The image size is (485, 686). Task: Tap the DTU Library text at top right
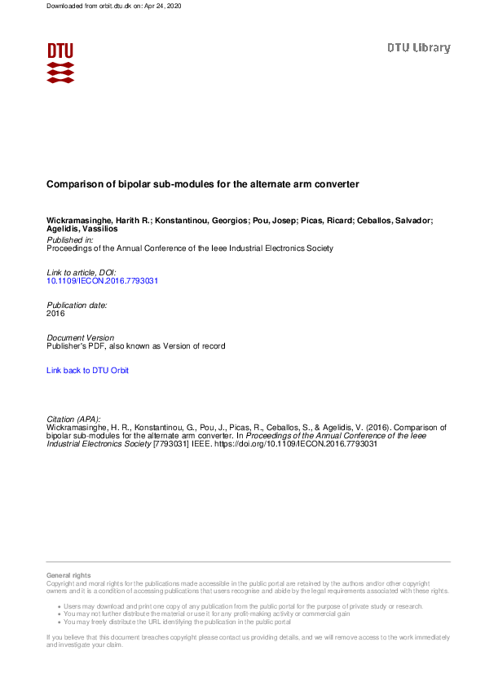tap(418, 48)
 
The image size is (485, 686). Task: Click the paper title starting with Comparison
tap(202, 185)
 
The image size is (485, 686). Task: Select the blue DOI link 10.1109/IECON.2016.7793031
tap(102, 280)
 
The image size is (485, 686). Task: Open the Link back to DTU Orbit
tap(87, 371)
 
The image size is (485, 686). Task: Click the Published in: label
tap(70, 240)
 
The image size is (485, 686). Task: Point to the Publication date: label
tap(77, 305)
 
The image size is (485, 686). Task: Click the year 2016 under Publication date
tap(55, 313)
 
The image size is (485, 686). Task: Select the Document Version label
tap(81, 337)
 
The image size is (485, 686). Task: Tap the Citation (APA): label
tap(73, 419)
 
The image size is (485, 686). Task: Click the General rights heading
tap(68, 576)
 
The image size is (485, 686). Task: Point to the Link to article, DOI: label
tap(82, 272)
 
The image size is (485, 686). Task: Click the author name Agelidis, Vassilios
tap(82, 231)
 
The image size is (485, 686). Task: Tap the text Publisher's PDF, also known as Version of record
tap(135, 346)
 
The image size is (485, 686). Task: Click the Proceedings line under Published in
tap(190, 248)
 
